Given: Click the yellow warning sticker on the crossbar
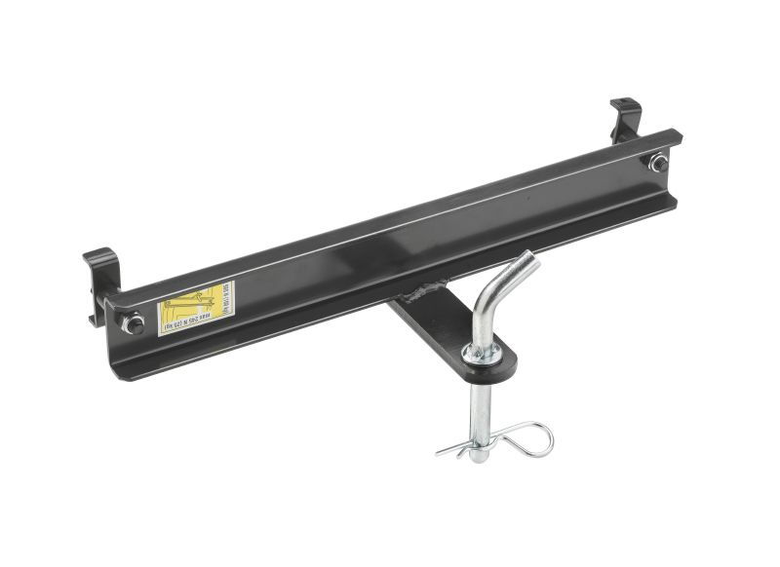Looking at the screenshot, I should pyautogui.click(x=196, y=308).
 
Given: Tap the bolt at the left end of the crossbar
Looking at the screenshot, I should pyautogui.click(x=135, y=322).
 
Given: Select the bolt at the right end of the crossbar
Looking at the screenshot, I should pyautogui.click(x=659, y=162).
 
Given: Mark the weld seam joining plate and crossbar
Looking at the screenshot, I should pyautogui.click(x=426, y=290).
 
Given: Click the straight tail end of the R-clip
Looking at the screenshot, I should pyautogui.click(x=447, y=450).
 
